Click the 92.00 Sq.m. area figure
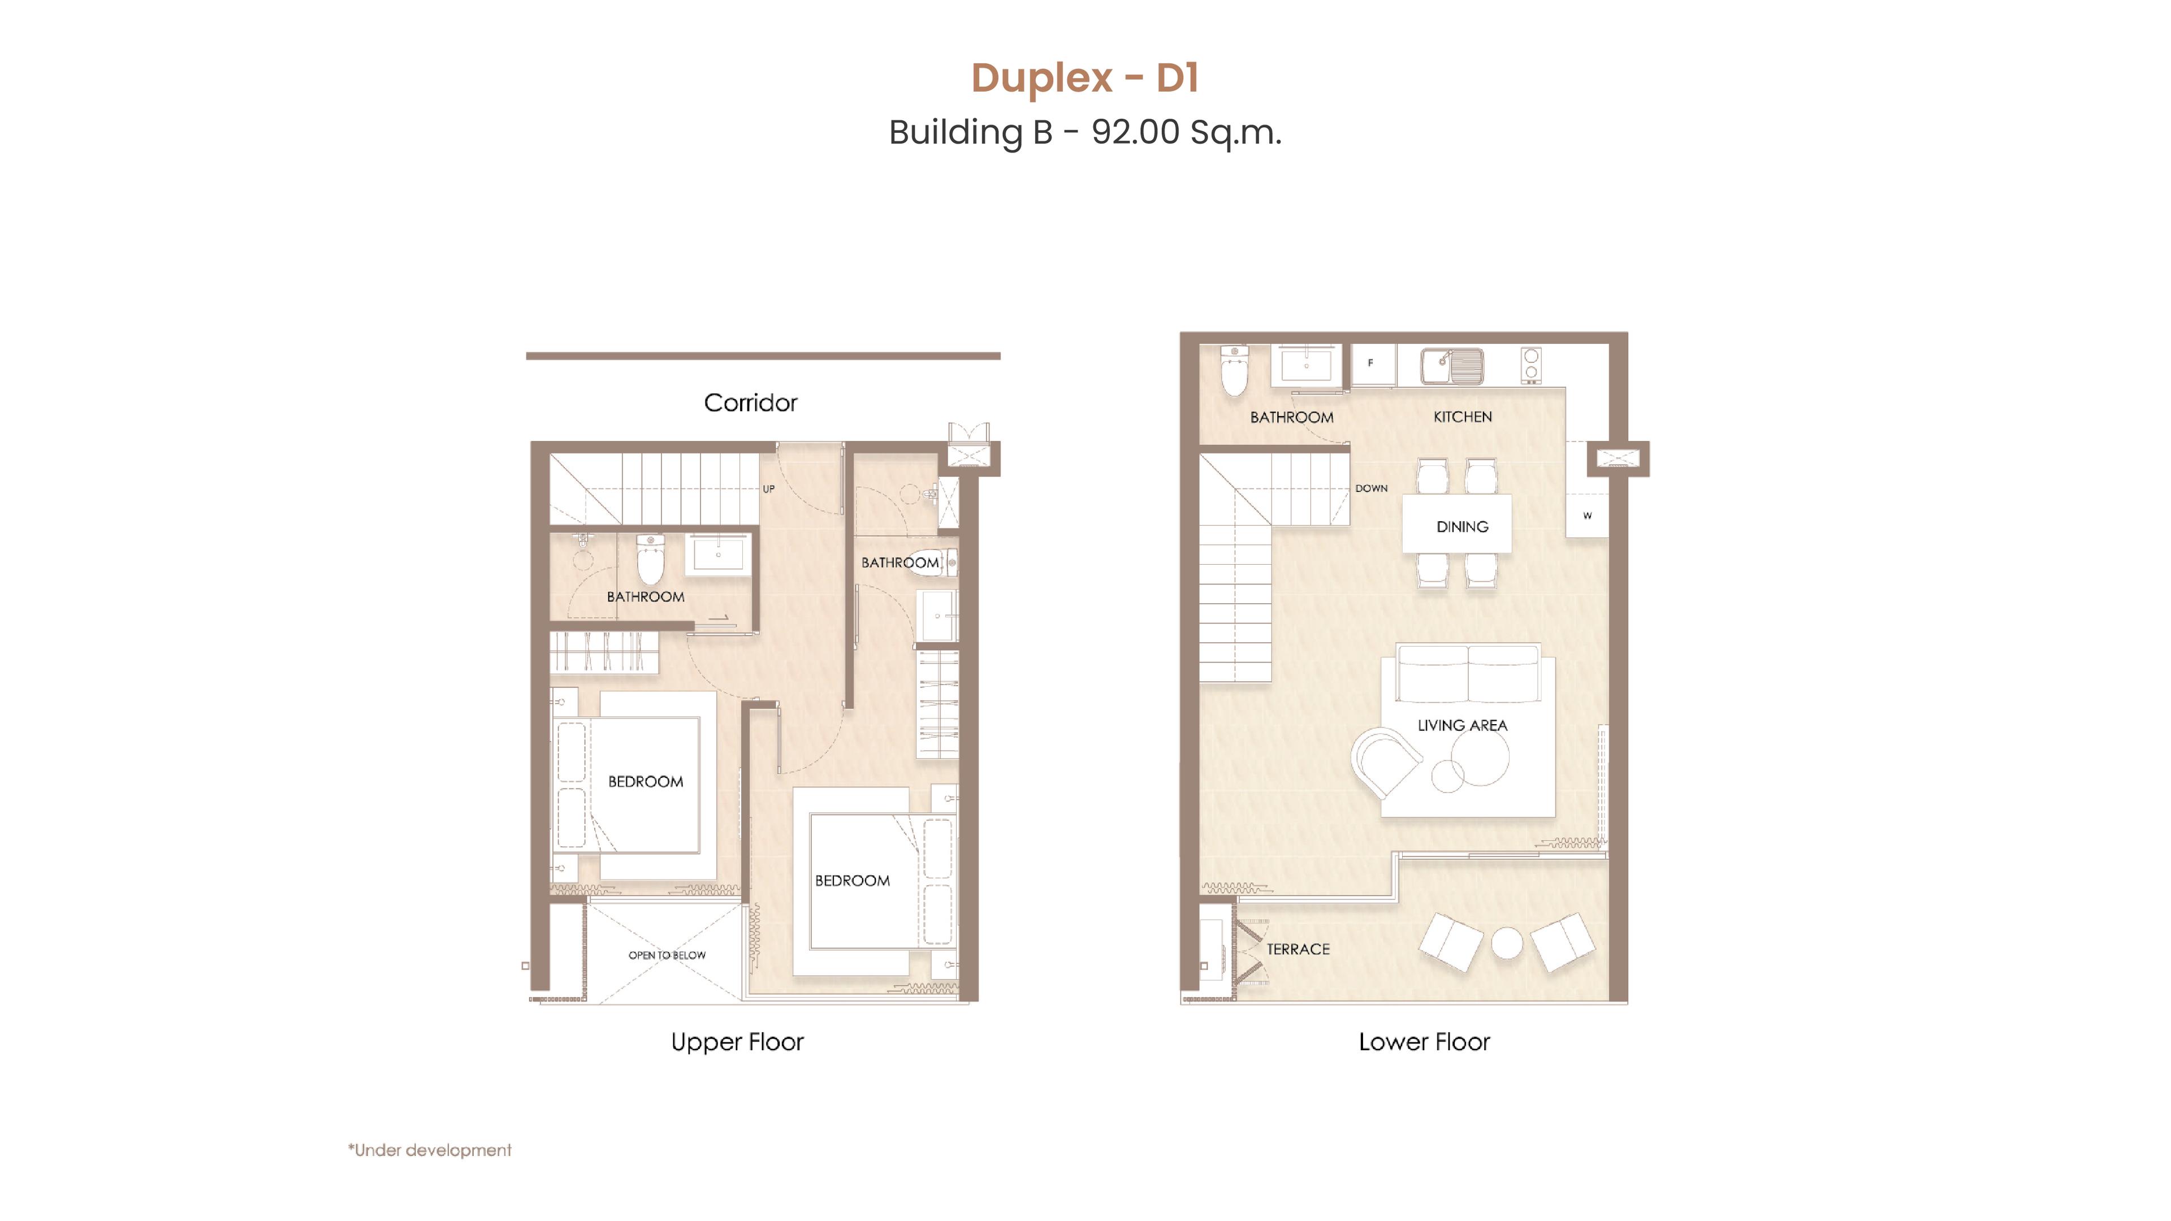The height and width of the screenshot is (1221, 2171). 1187,132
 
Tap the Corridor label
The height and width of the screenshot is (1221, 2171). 750,403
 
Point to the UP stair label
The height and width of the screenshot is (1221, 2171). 769,489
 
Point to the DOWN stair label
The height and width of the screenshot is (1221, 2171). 1371,488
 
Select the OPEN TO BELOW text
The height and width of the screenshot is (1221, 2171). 667,955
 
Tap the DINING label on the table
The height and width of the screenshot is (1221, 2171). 1462,527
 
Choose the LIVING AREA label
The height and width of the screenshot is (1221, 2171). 1462,725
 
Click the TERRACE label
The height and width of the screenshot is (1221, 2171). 1298,949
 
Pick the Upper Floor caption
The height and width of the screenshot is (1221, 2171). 737,1042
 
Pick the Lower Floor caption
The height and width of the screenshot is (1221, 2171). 1424,1042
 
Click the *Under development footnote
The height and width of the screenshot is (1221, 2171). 430,1150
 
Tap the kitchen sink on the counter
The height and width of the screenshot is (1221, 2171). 1452,366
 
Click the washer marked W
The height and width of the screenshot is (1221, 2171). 1588,515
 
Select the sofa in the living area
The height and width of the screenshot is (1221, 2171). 1468,673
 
